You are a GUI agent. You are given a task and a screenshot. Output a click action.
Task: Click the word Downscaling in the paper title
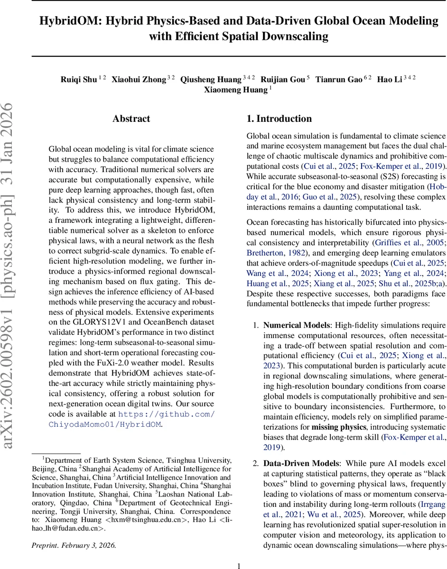coord(296,36)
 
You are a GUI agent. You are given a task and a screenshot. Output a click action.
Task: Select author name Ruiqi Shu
coord(79,79)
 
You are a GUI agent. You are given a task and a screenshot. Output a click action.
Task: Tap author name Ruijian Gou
coord(284,79)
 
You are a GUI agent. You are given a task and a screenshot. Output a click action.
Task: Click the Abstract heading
coord(131,119)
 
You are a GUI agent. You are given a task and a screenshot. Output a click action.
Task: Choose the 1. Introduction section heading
coord(279,119)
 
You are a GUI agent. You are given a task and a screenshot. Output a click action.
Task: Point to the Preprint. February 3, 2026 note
coord(74,545)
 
